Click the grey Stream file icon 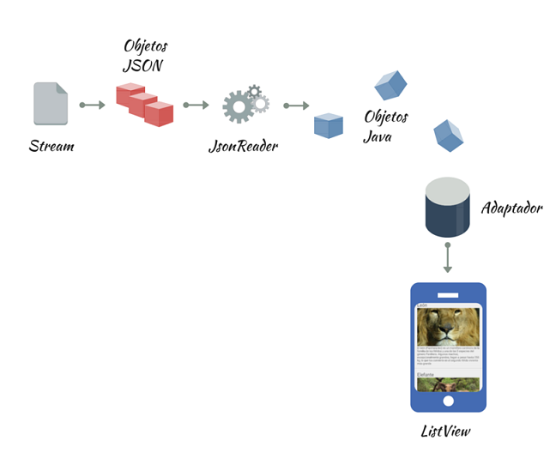point(51,104)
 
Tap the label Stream point(51,146)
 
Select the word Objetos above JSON point(146,46)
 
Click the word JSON point(142,66)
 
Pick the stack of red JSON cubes point(145,105)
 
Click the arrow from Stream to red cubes point(92,106)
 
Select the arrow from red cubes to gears point(196,106)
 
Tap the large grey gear point(238,107)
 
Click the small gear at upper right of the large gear point(255,93)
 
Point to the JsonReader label point(243,147)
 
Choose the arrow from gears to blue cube point(296,106)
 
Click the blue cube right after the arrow point(329,125)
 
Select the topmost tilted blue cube point(390,85)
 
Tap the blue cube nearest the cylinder point(448,134)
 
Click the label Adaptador point(511,208)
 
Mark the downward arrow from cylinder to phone point(448,257)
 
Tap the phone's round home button point(448,401)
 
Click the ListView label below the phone point(445,432)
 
